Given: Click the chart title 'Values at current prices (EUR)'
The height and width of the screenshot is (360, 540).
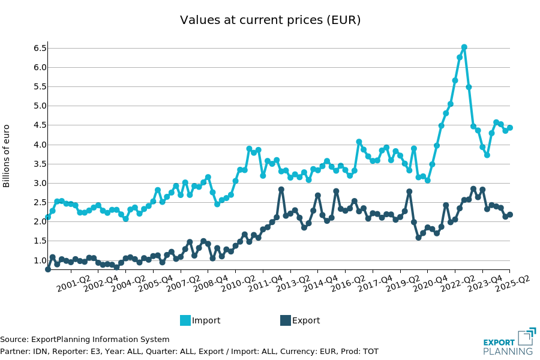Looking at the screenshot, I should [270, 20].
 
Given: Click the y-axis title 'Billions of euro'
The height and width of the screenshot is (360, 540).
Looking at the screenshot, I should [7, 155].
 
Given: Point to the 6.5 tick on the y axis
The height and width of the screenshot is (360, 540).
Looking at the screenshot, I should [39, 48].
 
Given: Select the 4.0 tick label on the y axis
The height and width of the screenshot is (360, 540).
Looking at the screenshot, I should [39, 145].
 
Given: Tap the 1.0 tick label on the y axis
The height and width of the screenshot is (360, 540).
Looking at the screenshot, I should [39, 260].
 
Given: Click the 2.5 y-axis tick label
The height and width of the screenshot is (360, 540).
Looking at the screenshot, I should [39, 202].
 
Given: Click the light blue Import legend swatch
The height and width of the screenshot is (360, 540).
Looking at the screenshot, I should [185, 320].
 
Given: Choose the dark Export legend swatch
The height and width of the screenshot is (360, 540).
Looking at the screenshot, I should [286, 320].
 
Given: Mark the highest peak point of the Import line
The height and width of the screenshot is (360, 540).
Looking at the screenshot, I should [464, 47].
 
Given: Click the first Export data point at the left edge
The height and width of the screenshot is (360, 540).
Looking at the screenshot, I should [48, 269].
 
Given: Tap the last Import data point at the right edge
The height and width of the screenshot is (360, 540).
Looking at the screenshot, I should [510, 128].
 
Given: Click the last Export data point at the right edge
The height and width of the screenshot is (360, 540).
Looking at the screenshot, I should [510, 215].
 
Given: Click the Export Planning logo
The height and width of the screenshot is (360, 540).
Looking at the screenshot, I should [508, 342].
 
